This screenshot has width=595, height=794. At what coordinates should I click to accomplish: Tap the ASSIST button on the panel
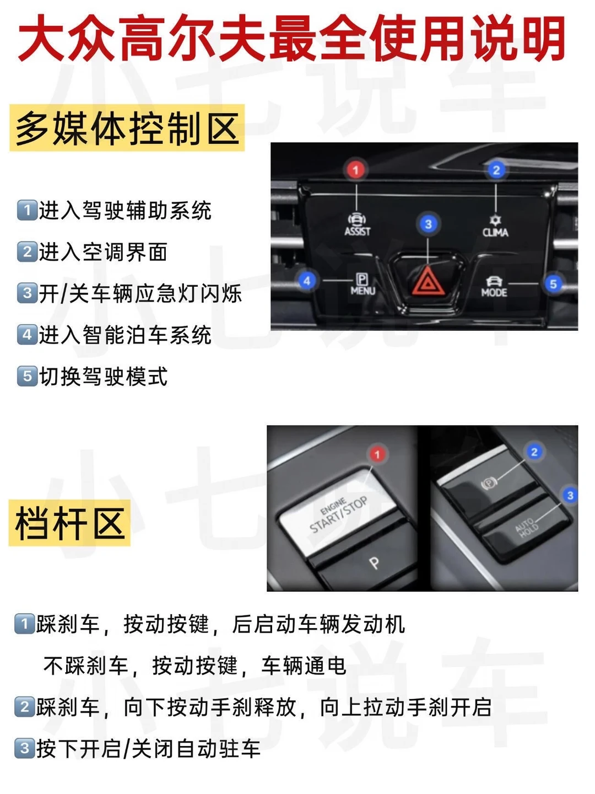click(358, 224)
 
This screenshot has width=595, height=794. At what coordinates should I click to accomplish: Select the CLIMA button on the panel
click(495, 226)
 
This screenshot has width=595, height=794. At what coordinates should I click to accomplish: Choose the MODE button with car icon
click(494, 287)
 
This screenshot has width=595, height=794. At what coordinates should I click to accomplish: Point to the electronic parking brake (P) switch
click(490, 483)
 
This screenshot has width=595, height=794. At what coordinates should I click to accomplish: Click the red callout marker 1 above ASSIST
click(356, 170)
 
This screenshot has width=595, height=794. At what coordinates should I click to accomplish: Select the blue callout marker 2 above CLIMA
click(496, 170)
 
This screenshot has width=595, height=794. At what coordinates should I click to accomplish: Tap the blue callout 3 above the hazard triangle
click(428, 224)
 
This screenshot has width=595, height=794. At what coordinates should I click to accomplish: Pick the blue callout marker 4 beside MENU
click(307, 281)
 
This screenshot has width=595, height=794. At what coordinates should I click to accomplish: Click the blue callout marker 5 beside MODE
click(553, 284)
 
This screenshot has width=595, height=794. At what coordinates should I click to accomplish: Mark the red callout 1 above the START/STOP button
click(377, 454)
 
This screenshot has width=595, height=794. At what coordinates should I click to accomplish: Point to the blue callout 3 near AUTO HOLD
click(570, 495)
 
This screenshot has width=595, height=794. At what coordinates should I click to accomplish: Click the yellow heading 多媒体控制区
click(127, 128)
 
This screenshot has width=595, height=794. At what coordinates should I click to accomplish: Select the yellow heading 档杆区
click(69, 523)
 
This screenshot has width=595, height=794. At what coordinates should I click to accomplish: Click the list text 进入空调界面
click(103, 252)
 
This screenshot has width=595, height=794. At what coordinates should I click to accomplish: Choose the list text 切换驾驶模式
click(103, 376)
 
